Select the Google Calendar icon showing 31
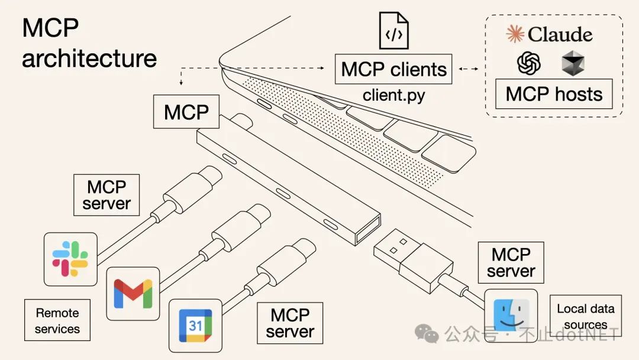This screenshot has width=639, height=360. [195, 326]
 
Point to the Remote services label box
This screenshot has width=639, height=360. [57, 320]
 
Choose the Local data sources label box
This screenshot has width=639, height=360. [585, 316]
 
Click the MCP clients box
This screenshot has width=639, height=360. [393, 69]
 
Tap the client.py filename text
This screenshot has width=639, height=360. [393, 95]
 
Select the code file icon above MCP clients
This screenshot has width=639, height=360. [394, 30]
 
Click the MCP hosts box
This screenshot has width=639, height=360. [554, 94]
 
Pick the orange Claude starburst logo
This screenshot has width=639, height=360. [515, 34]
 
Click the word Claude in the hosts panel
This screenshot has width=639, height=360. [560, 34]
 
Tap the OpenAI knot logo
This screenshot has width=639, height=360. [529, 63]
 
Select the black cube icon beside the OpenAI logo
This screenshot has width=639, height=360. [573, 63]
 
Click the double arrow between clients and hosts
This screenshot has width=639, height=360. [469, 69]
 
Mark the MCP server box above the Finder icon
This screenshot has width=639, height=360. [511, 263]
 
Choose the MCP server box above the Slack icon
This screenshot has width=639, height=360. [106, 195]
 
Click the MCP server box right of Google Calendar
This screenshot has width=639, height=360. [290, 323]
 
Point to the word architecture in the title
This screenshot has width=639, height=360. [89, 59]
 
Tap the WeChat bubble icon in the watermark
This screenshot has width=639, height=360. [427, 333]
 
